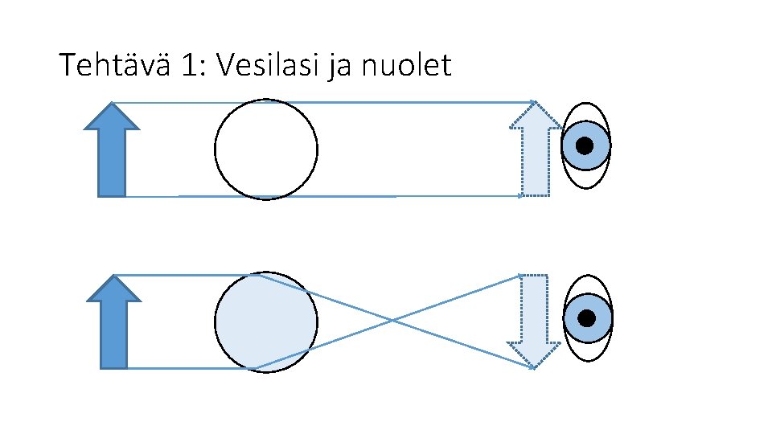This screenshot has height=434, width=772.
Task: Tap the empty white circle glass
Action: point(266,149)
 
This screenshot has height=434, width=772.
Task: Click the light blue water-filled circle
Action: point(266,322)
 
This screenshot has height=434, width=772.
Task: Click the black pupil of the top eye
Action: point(585,145)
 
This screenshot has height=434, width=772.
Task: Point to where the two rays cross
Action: point(392,321)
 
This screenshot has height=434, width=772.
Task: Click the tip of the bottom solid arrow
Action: point(113,276)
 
